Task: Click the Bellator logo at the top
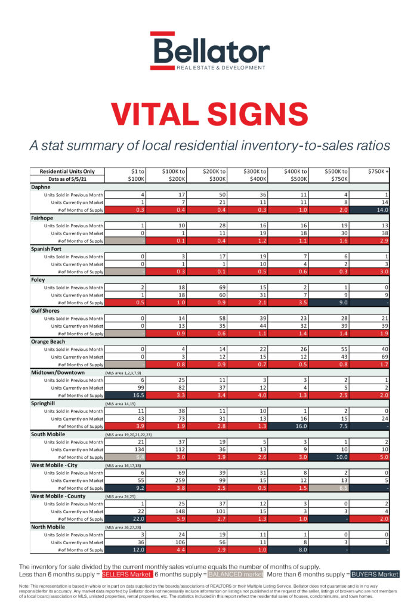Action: pos(209,52)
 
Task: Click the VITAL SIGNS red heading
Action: pos(209,113)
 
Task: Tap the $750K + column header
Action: pos(379,171)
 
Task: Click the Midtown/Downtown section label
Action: pos(58,372)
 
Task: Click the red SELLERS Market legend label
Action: pos(126,574)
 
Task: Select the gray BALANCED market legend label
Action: pos(237,574)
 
